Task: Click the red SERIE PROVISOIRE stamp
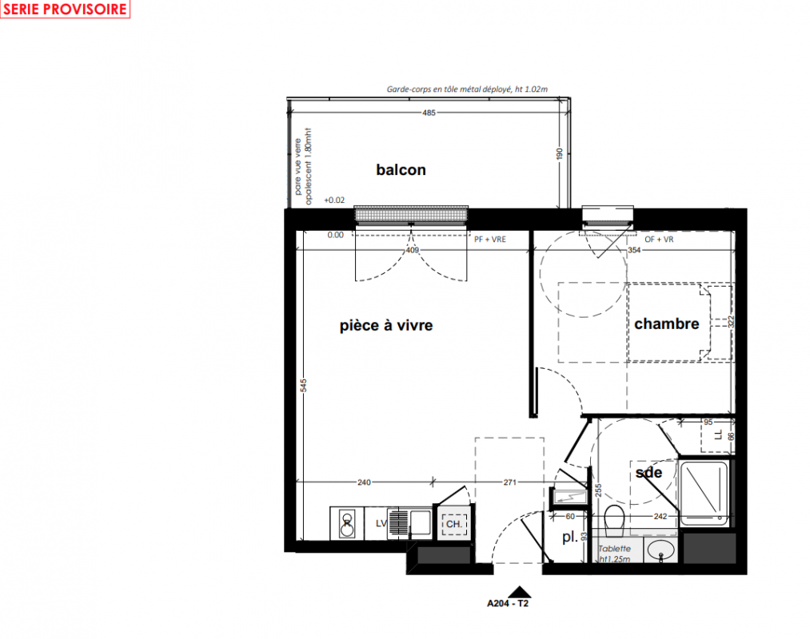[65, 9]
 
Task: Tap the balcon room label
[401, 170]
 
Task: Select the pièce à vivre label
[386, 326]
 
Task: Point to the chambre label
[666, 323]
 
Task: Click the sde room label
[648, 472]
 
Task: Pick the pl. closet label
[570, 538]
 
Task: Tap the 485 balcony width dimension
[429, 113]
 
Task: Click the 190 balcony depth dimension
[560, 154]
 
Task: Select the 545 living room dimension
[304, 386]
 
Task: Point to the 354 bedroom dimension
[634, 250]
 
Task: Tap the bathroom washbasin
[660, 550]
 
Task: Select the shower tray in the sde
[704, 493]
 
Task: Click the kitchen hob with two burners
[347, 523]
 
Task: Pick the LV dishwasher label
[381, 523]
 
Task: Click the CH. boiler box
[454, 524]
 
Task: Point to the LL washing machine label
[718, 435]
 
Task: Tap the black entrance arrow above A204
[520, 592]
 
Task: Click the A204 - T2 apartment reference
[508, 603]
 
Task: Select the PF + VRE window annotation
[490, 240]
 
